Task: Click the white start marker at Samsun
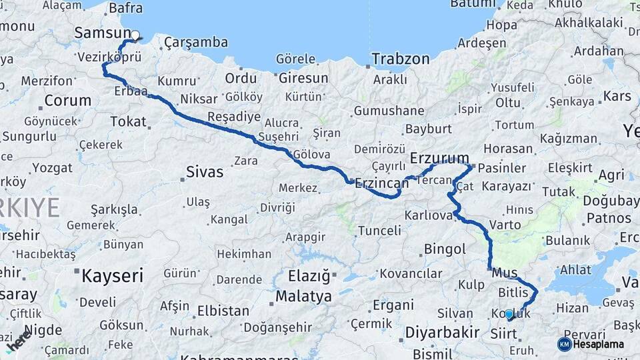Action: [135, 35]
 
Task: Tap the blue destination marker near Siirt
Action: [509, 313]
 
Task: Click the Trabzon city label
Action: [401, 59]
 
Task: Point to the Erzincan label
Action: [381, 183]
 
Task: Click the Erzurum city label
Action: [440, 159]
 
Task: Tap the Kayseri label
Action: [112, 275]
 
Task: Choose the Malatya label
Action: [303, 295]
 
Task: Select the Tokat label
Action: [128, 121]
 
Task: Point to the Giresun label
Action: [303, 78]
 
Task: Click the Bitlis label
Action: [513, 293]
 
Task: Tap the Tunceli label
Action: [380, 231]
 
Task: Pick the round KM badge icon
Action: [564, 344]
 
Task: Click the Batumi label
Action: [473, 4]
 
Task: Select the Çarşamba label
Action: [196, 43]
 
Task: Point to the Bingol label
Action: [445, 250]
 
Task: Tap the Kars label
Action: [617, 96]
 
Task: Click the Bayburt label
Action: [429, 129]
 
